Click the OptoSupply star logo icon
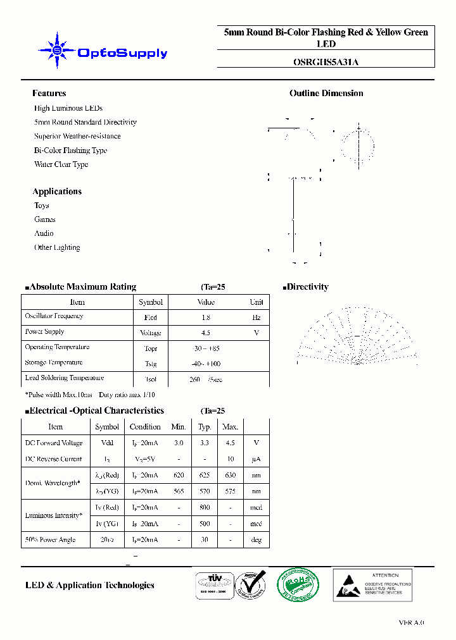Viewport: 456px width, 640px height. (x=57, y=50)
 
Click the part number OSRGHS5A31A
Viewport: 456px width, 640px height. (x=326, y=62)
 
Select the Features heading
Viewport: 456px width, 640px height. (x=49, y=93)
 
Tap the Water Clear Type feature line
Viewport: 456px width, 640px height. (x=61, y=164)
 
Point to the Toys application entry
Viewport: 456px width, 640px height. (x=41, y=206)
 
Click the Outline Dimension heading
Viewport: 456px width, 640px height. (x=326, y=93)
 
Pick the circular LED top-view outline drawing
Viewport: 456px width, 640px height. (x=359, y=146)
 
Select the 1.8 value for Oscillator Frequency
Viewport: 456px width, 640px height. (x=205, y=317)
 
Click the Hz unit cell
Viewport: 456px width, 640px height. (x=256, y=317)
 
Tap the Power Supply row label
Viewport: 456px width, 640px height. (x=44, y=331)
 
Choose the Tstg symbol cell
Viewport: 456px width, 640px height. (x=151, y=364)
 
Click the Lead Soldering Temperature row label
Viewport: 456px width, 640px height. (x=64, y=378)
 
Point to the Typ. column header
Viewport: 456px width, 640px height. (x=205, y=427)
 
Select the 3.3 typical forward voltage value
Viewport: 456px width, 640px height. (x=205, y=443)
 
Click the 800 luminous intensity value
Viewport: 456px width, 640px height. (x=205, y=507)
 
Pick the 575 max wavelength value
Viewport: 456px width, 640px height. (x=231, y=491)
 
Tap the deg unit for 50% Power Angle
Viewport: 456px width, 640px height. (x=256, y=540)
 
